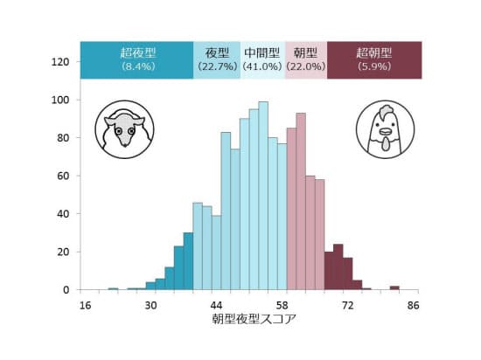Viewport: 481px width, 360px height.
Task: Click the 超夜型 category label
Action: (138, 53)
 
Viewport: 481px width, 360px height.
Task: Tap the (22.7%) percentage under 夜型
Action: (217, 66)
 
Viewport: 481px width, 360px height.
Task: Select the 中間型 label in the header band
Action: (262, 53)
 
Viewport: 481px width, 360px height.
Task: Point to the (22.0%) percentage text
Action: (305, 66)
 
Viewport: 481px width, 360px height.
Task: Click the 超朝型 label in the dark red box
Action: (374, 53)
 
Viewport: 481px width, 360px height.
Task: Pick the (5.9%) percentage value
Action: (374, 66)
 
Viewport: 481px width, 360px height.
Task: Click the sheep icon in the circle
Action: (124, 129)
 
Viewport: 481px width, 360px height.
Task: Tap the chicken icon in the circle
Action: (386, 129)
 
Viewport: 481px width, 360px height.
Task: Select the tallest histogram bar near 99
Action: (263, 196)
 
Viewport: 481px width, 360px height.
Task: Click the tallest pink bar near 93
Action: (301, 201)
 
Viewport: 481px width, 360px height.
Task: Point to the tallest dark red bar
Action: (338, 267)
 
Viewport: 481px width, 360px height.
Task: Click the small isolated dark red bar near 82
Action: (394, 287)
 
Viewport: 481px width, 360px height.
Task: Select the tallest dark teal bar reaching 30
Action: (188, 261)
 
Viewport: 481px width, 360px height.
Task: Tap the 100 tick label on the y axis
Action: (60, 100)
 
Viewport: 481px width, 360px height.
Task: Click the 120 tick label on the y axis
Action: (60, 62)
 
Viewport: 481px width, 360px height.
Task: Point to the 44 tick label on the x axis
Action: (216, 306)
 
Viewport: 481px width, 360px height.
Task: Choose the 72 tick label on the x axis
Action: (347, 306)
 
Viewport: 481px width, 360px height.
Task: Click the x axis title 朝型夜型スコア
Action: (254, 319)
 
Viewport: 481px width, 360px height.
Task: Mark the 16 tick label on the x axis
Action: (85, 306)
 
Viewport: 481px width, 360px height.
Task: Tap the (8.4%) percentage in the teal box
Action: (138, 66)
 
